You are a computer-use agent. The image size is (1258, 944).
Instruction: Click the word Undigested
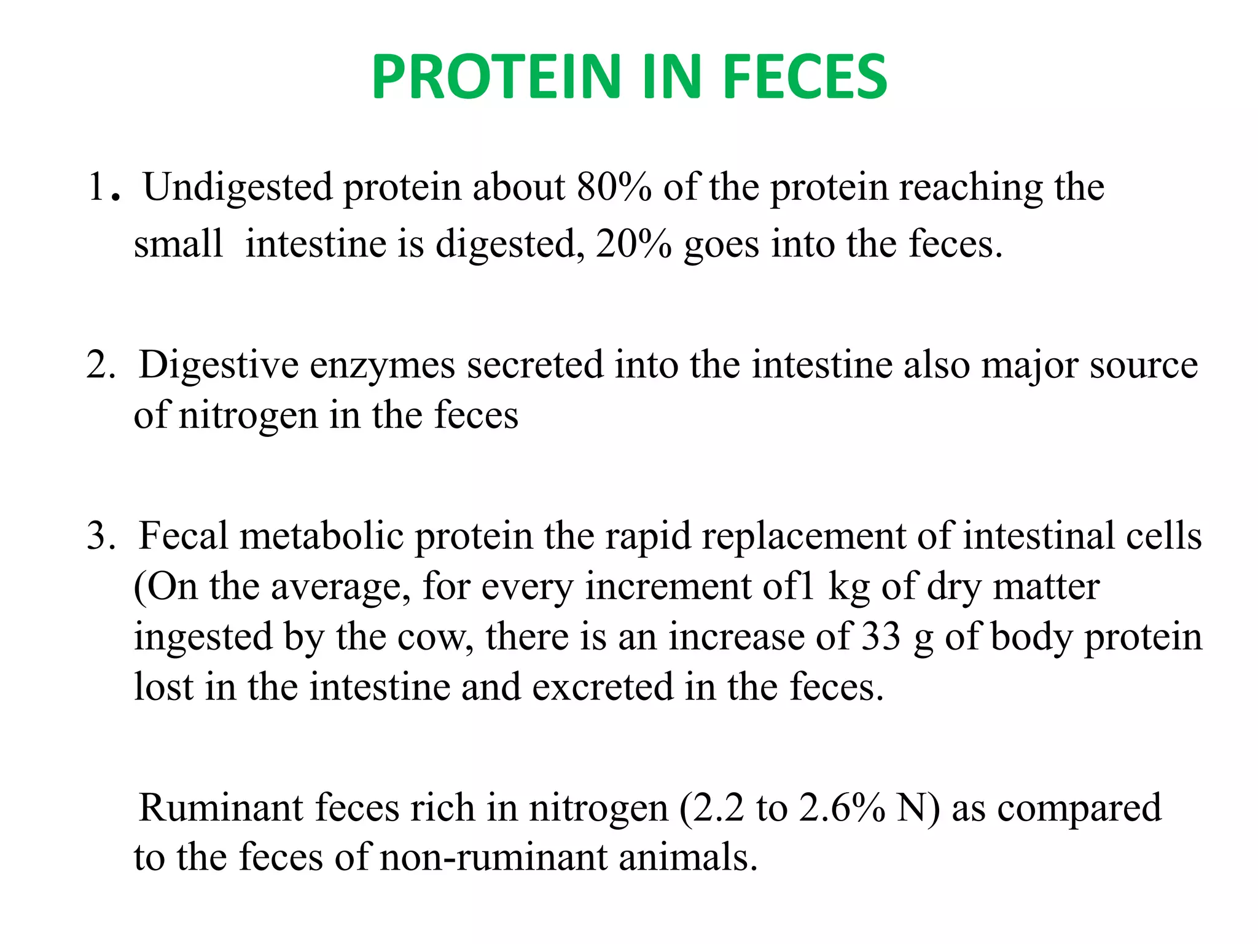pyautogui.click(x=238, y=188)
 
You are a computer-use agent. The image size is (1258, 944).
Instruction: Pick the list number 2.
pyautogui.click(x=100, y=365)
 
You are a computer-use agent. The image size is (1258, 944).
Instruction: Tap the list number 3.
pyautogui.click(x=100, y=536)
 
